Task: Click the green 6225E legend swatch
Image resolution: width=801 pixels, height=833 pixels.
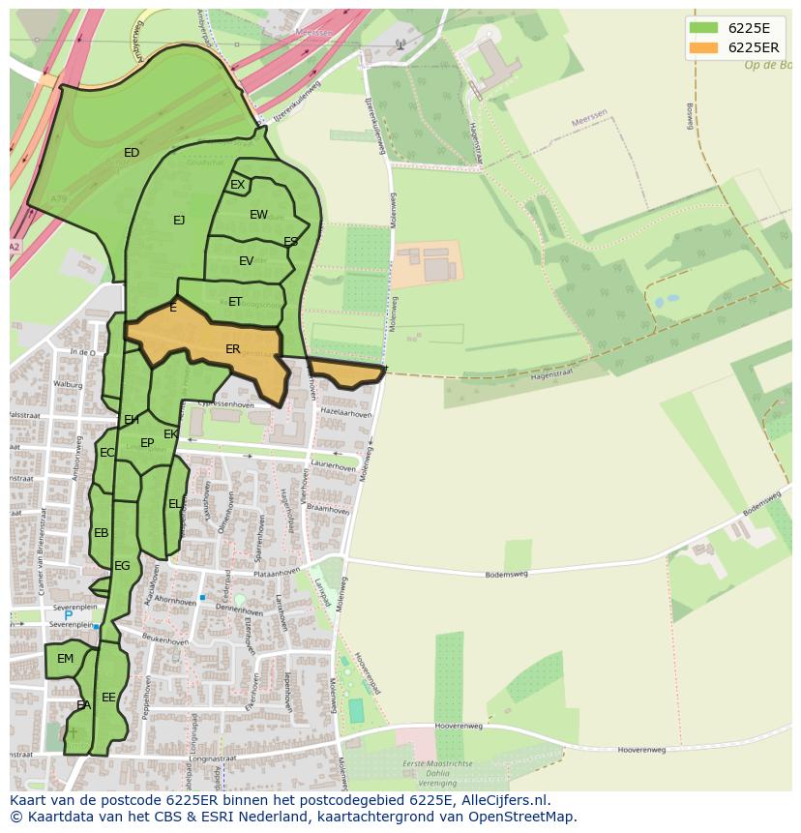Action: pyautogui.click(x=703, y=28)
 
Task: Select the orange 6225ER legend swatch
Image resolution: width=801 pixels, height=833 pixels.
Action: pyautogui.click(x=703, y=47)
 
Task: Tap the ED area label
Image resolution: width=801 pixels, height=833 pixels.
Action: pyautogui.click(x=132, y=153)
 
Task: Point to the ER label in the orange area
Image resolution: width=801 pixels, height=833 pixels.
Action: pyautogui.click(x=232, y=349)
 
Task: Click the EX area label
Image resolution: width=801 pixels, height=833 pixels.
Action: pyautogui.click(x=237, y=185)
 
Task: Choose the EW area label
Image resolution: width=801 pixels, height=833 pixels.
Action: pyautogui.click(x=258, y=215)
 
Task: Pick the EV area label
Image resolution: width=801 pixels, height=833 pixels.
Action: pyautogui.click(x=246, y=261)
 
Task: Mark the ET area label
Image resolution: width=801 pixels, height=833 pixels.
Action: pyautogui.click(x=235, y=302)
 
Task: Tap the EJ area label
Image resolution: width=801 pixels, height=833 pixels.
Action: pyautogui.click(x=179, y=221)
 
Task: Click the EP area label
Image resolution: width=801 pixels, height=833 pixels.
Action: pyautogui.click(x=147, y=443)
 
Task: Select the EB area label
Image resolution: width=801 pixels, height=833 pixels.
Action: pyautogui.click(x=101, y=533)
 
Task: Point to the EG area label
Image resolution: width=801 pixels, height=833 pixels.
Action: pyautogui.click(x=122, y=566)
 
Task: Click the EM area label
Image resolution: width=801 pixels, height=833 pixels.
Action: pyautogui.click(x=65, y=659)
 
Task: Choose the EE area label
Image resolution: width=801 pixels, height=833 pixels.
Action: pyautogui.click(x=108, y=697)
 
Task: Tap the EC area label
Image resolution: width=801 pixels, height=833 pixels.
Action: pyautogui.click(x=106, y=453)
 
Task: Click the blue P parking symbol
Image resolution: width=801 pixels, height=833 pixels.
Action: pyautogui.click(x=68, y=615)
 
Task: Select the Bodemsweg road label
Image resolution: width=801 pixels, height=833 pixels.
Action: pyautogui.click(x=507, y=574)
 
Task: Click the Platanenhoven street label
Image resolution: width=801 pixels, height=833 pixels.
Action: pyautogui.click(x=277, y=573)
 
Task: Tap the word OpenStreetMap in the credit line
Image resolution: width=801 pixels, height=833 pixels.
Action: pyautogui.click(x=523, y=817)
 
